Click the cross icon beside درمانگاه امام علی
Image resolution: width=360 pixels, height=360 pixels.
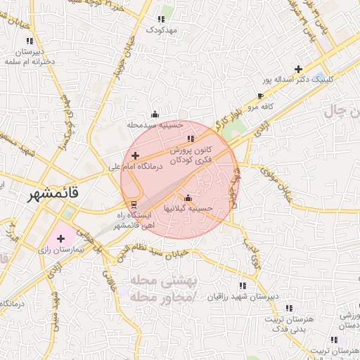tap(136, 155)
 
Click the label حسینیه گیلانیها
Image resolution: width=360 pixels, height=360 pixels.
tap(188, 209)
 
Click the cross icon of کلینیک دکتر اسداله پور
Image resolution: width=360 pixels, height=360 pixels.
tap(300, 69)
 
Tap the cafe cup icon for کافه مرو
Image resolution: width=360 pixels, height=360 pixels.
tap(261, 96)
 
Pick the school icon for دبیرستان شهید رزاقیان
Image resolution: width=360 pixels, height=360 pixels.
tap(243, 286)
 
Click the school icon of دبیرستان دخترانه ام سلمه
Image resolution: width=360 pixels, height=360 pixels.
tap(29, 41)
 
